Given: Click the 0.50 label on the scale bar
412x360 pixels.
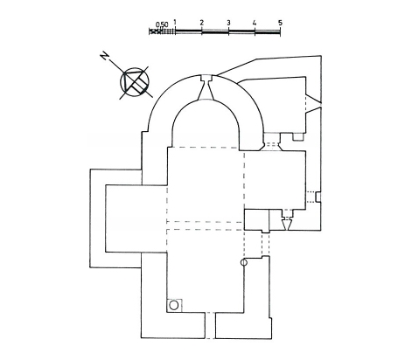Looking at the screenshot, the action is (x=162, y=24).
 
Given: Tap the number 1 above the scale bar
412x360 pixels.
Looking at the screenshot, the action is (x=175, y=22).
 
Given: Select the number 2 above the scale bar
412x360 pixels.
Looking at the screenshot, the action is (x=201, y=23).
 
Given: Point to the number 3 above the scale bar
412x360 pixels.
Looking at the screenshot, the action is (x=228, y=23).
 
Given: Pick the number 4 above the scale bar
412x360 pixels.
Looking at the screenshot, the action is (x=255, y=23).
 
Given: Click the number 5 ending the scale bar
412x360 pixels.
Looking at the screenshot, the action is (x=280, y=23).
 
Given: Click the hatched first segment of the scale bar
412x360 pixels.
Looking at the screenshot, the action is (x=162, y=31).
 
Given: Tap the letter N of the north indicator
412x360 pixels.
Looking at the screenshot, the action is (x=105, y=56).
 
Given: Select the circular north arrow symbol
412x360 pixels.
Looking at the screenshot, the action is (x=135, y=82).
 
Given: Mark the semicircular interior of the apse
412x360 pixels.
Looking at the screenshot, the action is (x=206, y=124).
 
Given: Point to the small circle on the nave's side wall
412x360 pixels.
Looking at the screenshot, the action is (x=244, y=263).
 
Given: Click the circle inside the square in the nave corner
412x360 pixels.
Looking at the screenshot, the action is (x=174, y=305).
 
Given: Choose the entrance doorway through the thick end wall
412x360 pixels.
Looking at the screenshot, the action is (x=210, y=326).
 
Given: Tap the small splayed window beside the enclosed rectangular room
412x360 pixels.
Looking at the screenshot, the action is (x=287, y=220).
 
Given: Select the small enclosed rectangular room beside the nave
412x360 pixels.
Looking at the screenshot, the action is (x=256, y=219).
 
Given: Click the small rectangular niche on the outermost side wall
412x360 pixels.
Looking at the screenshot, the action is (x=318, y=197).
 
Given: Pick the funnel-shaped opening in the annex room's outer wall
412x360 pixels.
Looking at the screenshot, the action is (x=313, y=103).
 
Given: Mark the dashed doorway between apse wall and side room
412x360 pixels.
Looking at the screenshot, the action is (x=271, y=144).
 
